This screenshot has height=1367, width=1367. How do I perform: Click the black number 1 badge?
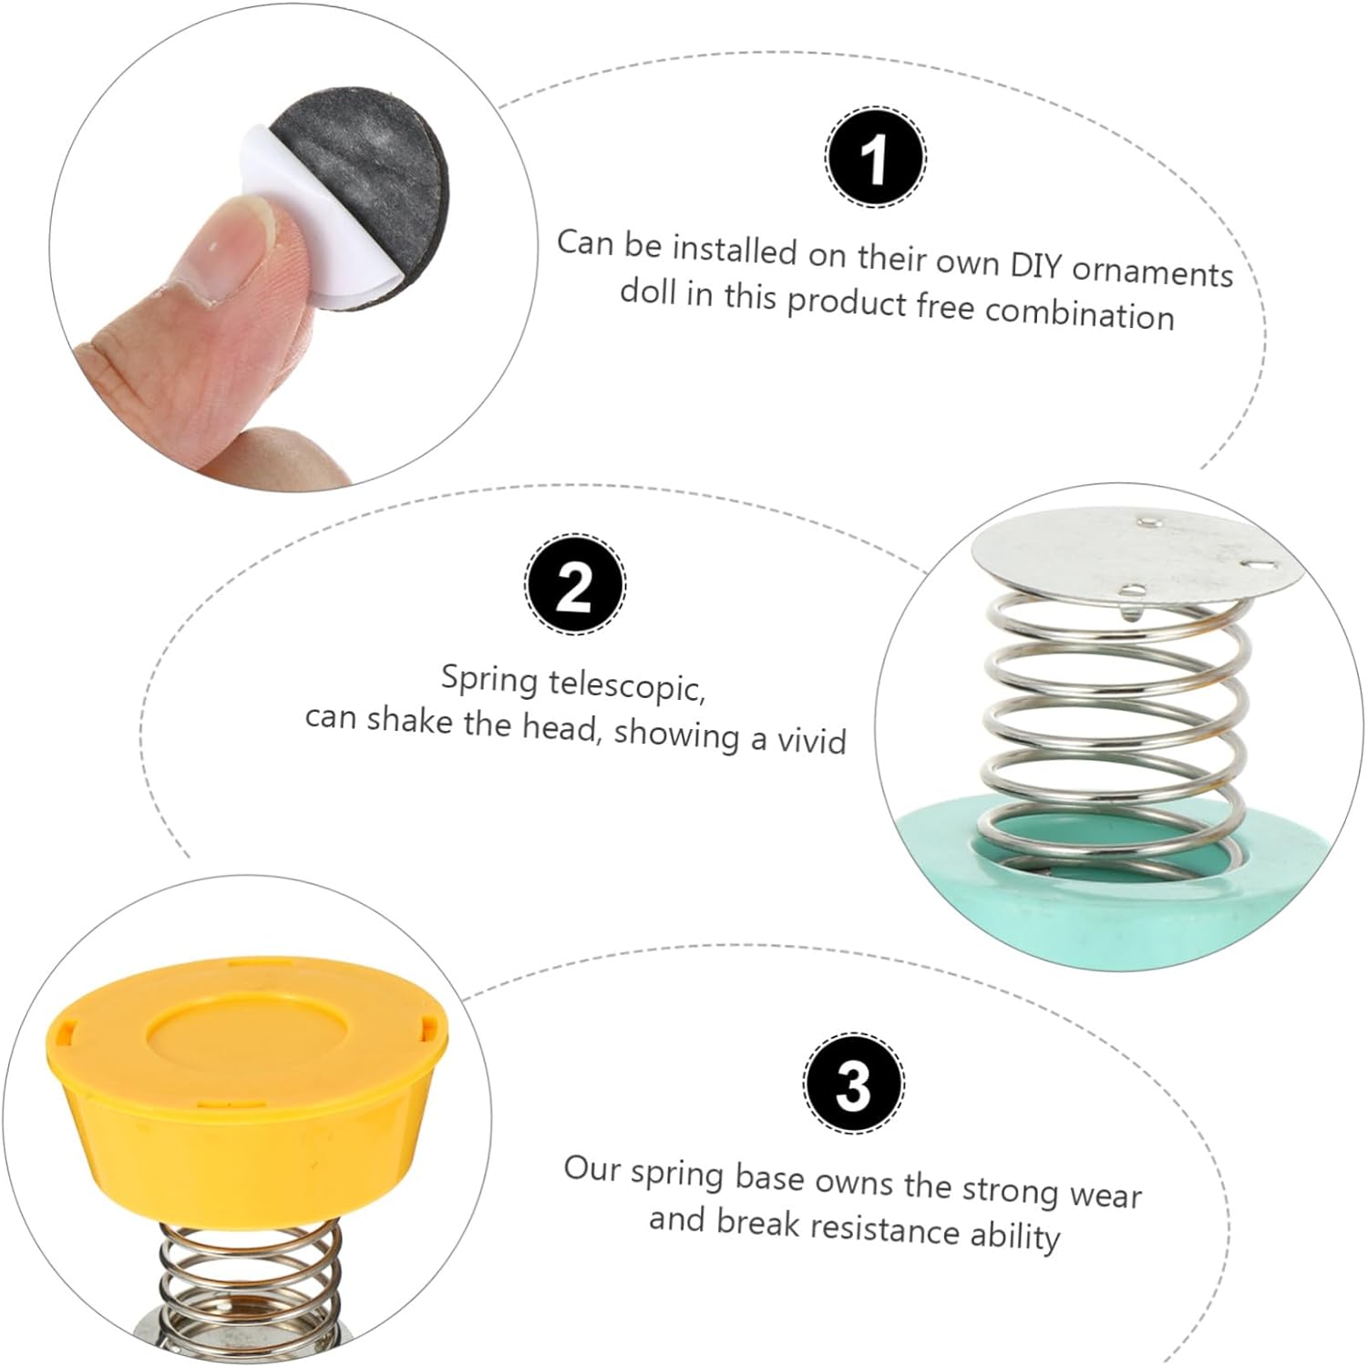coord(876,156)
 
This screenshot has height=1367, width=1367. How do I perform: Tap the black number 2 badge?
coord(574,585)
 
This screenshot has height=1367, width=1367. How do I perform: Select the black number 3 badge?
coord(854,1084)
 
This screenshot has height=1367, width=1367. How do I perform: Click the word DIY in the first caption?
coord(1036,265)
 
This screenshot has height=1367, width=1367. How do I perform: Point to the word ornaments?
coord(1153,272)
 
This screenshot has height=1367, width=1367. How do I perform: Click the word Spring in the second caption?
coord(489,680)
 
